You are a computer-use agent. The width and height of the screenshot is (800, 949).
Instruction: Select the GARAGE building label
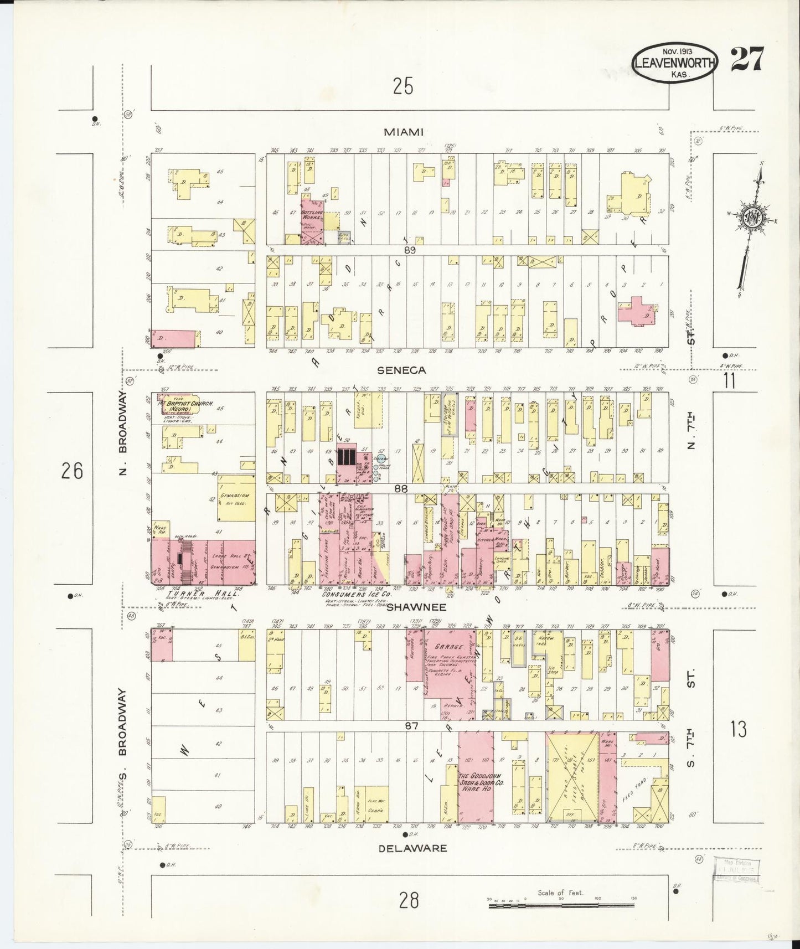tap(448, 646)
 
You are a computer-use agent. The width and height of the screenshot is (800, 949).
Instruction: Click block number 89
tap(410, 250)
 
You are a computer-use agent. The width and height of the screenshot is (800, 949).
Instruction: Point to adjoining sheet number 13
tap(738, 730)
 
